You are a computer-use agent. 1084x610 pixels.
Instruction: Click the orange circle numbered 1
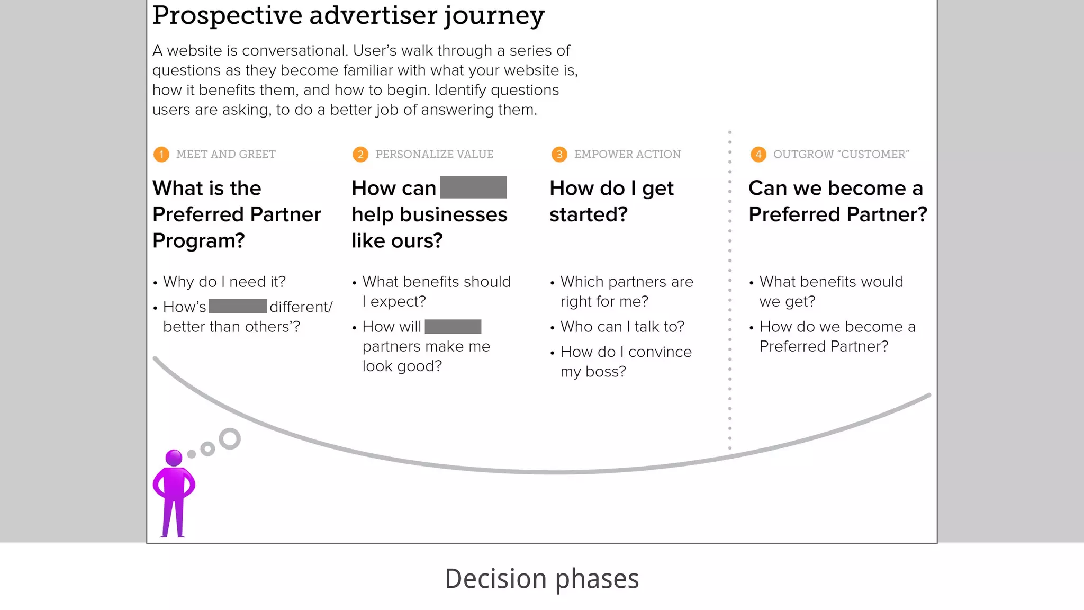(161, 154)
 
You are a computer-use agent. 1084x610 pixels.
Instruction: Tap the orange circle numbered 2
(360, 154)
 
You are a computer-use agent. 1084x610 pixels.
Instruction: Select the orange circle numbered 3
(559, 154)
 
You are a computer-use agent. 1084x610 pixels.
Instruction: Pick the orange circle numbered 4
(758, 154)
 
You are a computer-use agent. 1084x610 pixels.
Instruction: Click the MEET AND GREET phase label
(225, 154)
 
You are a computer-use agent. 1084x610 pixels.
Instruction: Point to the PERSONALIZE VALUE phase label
(434, 154)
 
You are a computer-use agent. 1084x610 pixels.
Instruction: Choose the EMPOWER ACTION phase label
(627, 154)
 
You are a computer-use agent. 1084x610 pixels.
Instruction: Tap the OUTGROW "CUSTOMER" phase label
(841, 154)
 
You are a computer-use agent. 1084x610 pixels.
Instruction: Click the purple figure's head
(174, 457)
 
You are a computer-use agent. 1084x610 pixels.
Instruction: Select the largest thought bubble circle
(230, 439)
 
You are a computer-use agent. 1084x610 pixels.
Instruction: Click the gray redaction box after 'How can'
(473, 187)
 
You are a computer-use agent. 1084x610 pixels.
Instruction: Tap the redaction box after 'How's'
(238, 307)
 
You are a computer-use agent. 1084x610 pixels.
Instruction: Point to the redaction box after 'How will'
(453, 327)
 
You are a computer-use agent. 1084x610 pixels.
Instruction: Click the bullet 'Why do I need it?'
(224, 282)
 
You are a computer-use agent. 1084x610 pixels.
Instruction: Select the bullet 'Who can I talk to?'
(622, 327)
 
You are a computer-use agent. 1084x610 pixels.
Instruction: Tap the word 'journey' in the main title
(494, 16)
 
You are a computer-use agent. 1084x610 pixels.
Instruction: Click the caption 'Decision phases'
(541, 578)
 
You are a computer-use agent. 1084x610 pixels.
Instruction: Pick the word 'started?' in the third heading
(589, 214)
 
